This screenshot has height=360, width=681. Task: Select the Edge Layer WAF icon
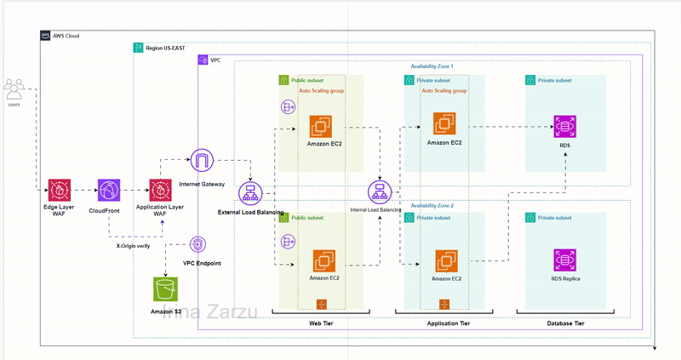click(60, 190)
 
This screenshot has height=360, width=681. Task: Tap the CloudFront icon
click(109, 190)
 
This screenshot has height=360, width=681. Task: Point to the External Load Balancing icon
click(251, 192)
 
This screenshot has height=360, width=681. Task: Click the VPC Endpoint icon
click(197, 247)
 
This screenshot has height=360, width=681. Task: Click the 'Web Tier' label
click(320, 324)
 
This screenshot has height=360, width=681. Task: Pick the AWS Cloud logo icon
click(45, 36)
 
